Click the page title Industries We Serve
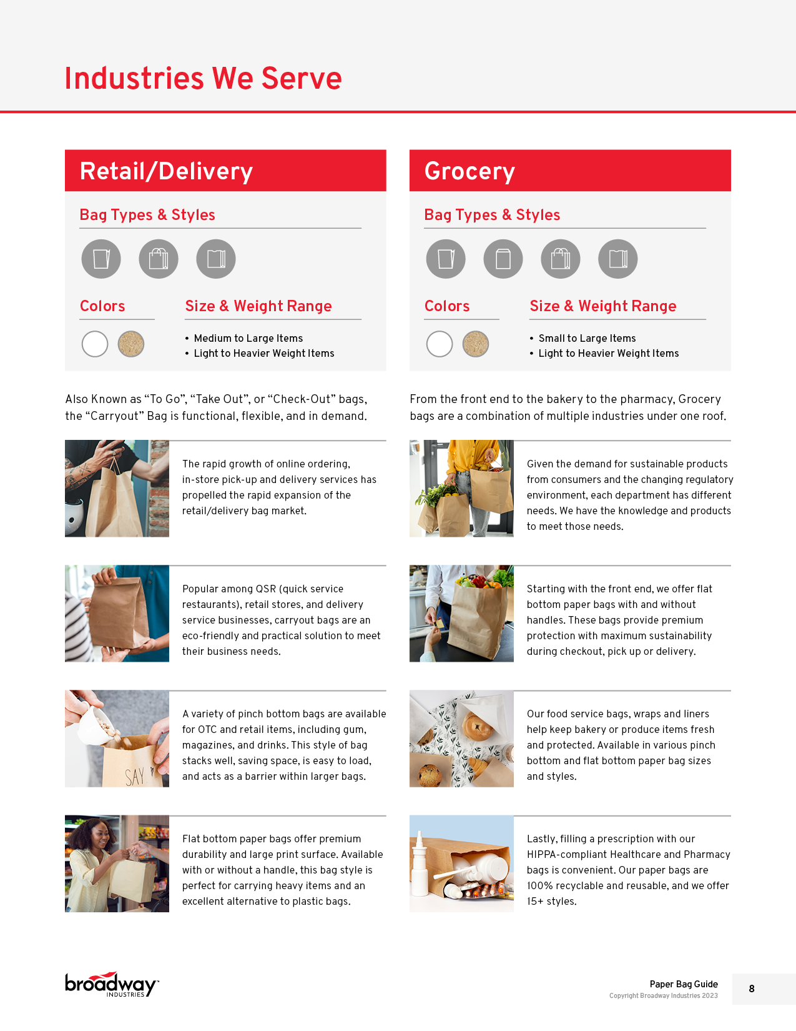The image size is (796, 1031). [x=203, y=78]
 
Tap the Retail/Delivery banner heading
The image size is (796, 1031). [x=166, y=171]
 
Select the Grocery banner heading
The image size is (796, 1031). [x=469, y=171]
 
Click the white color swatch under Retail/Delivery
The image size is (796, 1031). [x=95, y=344]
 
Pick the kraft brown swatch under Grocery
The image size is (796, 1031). [x=476, y=344]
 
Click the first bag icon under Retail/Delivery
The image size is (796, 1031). [x=101, y=259]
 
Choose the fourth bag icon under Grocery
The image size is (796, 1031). [x=617, y=259]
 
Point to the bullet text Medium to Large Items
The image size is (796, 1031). [x=248, y=338]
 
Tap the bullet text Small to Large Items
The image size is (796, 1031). [x=587, y=338]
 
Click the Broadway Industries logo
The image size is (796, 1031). [x=111, y=985]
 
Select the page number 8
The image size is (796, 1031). [x=752, y=989]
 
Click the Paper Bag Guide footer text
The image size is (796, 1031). [x=684, y=984]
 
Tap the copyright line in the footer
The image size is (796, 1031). [x=663, y=996]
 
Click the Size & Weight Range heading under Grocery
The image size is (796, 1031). [x=603, y=306]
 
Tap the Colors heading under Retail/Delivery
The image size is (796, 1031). [x=102, y=306]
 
